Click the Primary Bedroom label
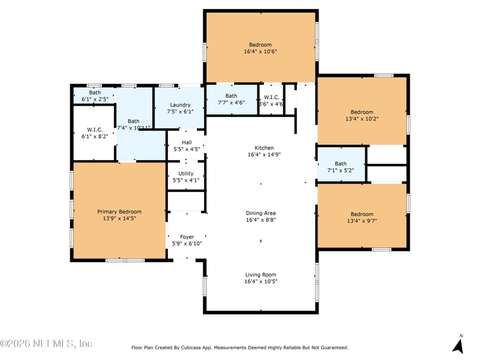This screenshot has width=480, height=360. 119,212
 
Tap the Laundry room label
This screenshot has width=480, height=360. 181,105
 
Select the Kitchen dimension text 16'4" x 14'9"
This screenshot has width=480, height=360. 264,155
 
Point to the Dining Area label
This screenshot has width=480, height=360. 261,213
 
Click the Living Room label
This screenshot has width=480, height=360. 261,275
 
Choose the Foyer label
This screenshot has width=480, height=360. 187,237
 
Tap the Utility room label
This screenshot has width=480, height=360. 186,173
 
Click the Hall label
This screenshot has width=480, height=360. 187,142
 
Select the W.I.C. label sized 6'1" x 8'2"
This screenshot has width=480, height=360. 95,130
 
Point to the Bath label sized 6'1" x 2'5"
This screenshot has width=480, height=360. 95,92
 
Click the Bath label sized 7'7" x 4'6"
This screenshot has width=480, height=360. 231,96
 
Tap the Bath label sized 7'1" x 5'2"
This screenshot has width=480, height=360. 341,164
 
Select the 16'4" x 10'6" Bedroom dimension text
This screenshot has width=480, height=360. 260,52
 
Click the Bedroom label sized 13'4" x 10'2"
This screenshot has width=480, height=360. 362,112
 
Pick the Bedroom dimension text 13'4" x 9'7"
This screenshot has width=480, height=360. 362,221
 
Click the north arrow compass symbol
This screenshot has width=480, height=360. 458,344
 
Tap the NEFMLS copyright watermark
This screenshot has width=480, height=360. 46,343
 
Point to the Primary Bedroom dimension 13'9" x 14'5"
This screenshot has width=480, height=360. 119,218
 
